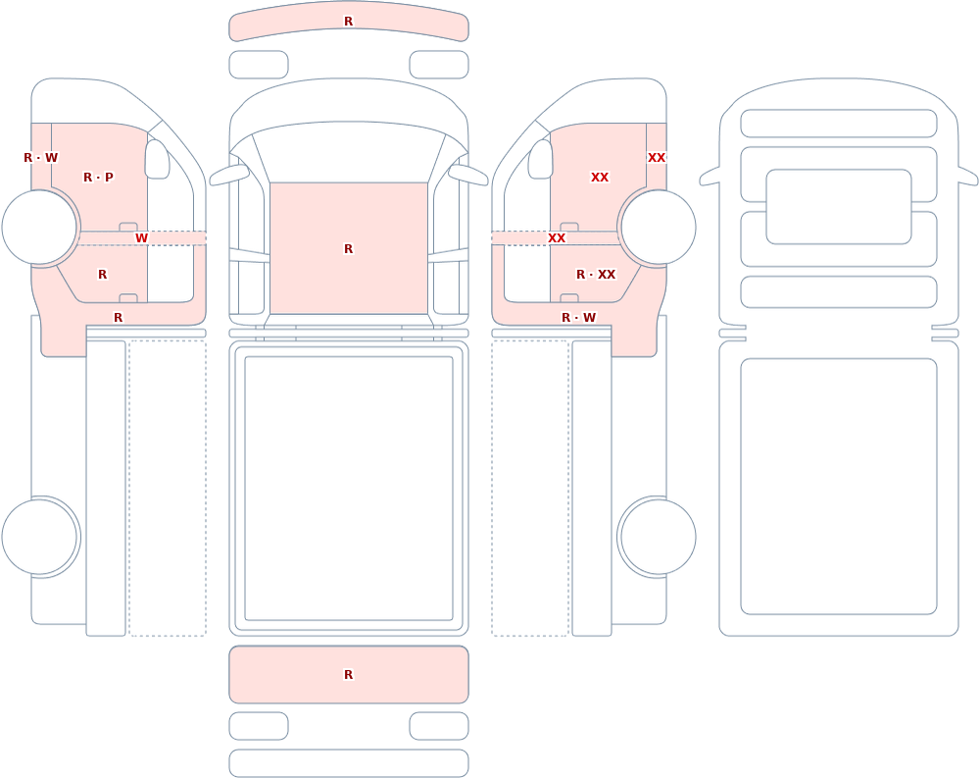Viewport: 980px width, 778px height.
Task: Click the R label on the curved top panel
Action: [349, 22]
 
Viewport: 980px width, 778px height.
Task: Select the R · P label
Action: [98, 178]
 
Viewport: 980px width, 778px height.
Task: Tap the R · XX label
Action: [596, 274]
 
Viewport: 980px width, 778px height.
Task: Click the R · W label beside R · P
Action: [40, 158]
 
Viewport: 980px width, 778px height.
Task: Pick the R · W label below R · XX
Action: [578, 317]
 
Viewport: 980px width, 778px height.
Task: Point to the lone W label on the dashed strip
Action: [142, 237]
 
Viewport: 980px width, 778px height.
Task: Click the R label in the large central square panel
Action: [349, 249]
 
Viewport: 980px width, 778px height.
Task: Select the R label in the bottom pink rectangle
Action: [349, 674]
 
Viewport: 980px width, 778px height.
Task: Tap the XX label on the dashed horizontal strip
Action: [557, 237]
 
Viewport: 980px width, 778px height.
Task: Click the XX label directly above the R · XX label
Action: [600, 178]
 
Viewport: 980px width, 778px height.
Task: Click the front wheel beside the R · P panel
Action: [40, 228]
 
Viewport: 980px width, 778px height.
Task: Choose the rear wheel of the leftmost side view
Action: [40, 537]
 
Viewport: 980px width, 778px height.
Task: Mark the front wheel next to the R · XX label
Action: [657, 228]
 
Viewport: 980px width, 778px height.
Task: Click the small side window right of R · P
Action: [158, 159]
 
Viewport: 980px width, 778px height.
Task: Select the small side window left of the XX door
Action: [541, 159]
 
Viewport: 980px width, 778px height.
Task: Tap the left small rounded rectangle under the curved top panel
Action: [259, 65]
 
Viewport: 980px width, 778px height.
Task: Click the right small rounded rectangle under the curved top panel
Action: [439, 65]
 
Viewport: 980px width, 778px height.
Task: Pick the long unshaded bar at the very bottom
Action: [349, 763]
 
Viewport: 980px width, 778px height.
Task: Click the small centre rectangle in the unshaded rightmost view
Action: [839, 207]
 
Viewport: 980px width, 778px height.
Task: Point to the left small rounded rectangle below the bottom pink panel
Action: [259, 726]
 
